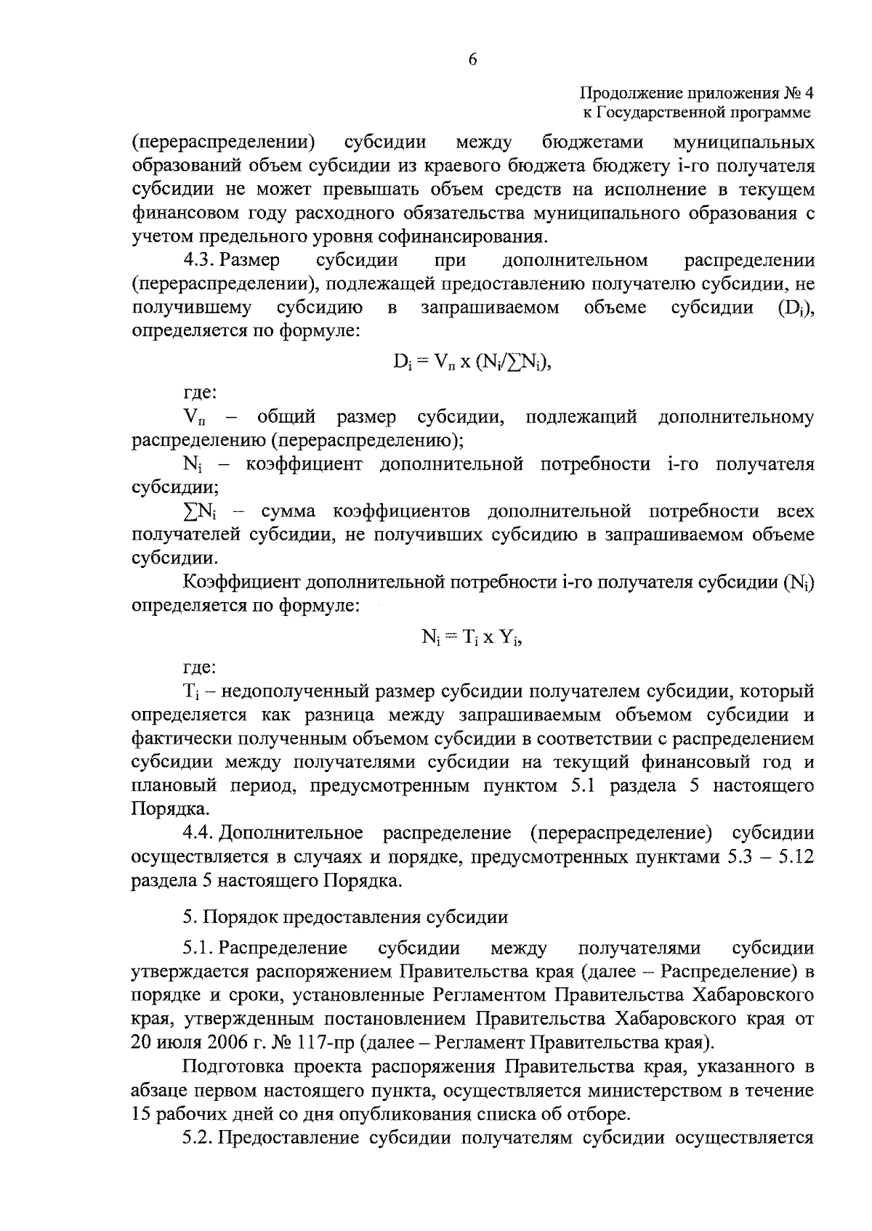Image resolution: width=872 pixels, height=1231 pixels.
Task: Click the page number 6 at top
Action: (472, 60)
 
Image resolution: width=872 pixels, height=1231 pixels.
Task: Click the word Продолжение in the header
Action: (621, 93)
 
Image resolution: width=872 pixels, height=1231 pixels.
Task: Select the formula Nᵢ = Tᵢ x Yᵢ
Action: (472, 637)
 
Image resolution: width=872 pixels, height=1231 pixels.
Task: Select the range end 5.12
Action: (796, 857)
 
